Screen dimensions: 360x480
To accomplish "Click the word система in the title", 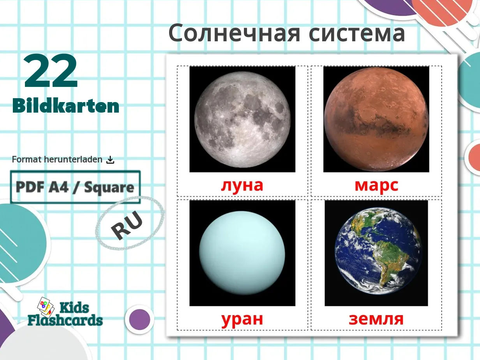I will pos(357,33).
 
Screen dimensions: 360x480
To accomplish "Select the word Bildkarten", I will pos(66,106).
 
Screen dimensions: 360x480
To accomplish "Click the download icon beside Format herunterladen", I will pos(110,160).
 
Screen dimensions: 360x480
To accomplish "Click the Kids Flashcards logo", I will pos(65,314).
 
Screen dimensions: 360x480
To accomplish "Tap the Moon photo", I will pos(242,119).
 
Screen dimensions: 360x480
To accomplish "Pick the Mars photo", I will pos(376,119).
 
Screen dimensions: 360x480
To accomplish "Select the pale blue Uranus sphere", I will pos(242,253).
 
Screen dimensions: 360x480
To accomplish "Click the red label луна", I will pos(242,185).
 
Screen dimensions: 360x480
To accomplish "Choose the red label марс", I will pos(376,185).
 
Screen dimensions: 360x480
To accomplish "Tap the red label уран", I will pos(242,319).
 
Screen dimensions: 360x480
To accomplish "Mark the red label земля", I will pos(376,319).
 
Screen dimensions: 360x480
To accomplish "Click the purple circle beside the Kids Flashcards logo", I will pos(139,319).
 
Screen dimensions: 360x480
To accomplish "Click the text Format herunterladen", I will pos(57,160).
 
